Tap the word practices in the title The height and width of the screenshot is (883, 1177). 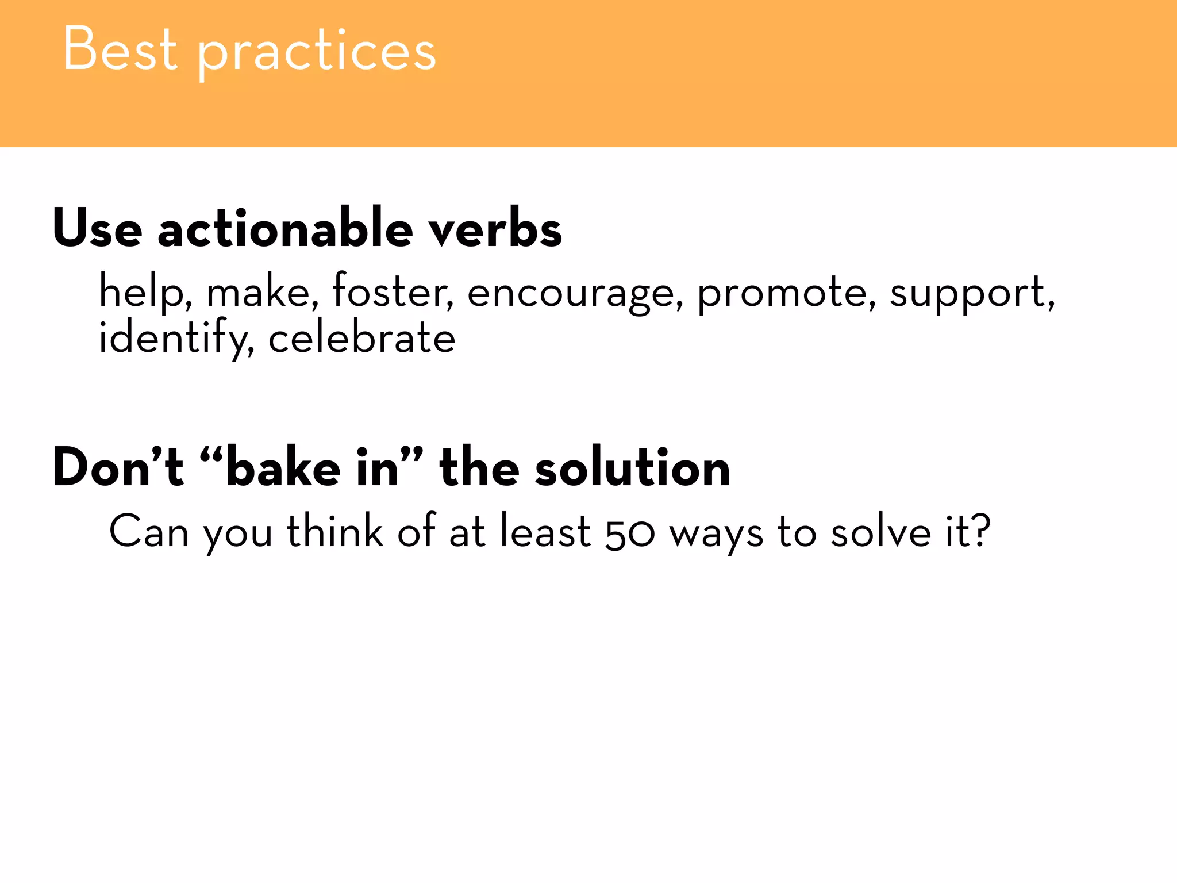317,53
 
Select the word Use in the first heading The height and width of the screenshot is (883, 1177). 97,228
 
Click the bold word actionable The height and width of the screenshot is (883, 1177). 286,228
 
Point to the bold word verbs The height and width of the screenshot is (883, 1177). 495,228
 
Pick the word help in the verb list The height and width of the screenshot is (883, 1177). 141,293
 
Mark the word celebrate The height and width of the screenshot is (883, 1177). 362,337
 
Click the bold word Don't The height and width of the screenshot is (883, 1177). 118,467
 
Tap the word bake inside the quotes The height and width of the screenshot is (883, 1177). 283,467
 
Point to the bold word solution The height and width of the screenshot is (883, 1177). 632,467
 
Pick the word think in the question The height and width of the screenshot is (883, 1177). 335,531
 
